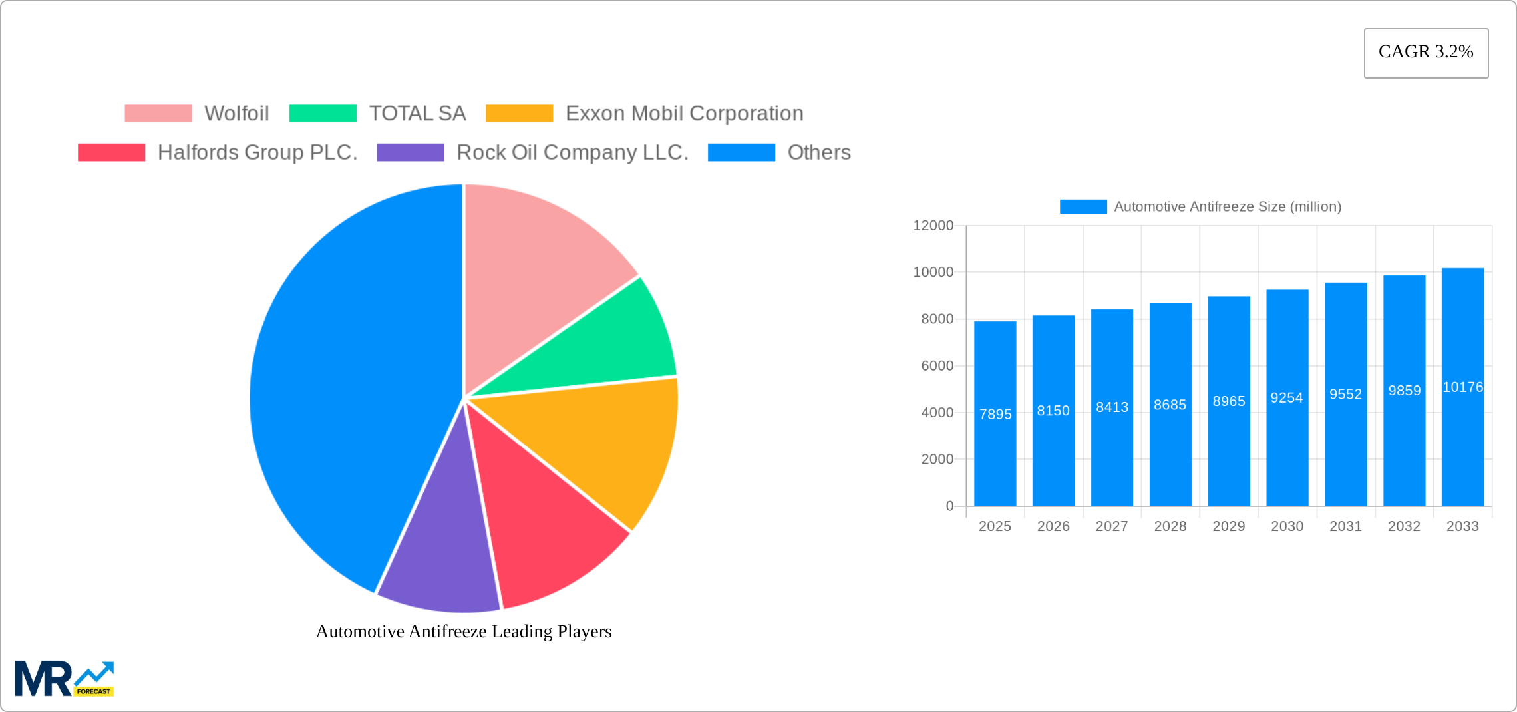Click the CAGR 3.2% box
(1426, 53)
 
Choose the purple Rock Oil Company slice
(442, 552)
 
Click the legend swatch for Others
(741, 152)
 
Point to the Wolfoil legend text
(236, 114)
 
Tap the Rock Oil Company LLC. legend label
(572, 152)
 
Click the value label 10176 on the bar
(1462, 387)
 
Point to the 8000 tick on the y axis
(937, 319)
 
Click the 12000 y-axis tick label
(933, 226)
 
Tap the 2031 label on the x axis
(1345, 526)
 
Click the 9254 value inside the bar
(1287, 398)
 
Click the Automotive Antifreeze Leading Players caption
(464, 631)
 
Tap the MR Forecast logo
(64, 679)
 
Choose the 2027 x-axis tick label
(1112, 526)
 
